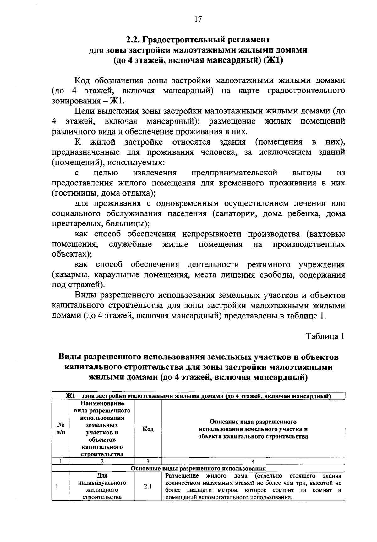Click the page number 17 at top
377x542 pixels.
(198, 19)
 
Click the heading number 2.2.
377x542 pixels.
(133, 40)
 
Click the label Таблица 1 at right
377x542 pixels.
(325, 336)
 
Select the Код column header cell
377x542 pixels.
(148, 429)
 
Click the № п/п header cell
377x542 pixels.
(61, 429)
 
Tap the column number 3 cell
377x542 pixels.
(148, 462)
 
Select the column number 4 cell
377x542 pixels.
(253, 462)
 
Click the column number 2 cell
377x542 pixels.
(102, 462)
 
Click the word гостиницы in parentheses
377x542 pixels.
(70, 193)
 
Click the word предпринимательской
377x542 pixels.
(234, 173)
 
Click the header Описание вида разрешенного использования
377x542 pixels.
(253, 429)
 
